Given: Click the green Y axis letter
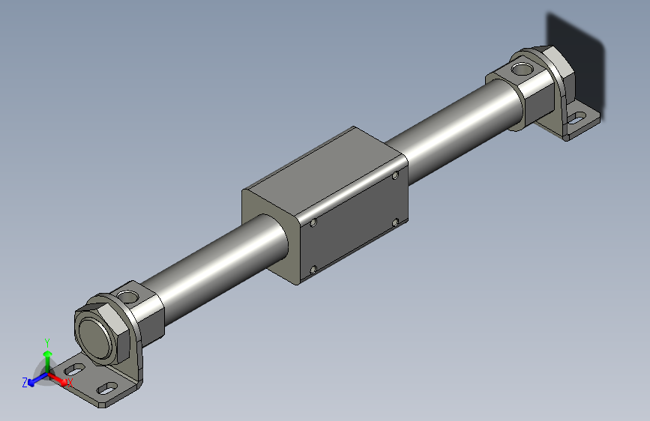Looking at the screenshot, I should tap(47, 341).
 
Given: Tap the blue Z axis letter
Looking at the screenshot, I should tap(25, 382).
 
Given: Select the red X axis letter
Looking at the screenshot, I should tap(70, 382).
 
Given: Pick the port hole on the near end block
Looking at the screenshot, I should tap(131, 295).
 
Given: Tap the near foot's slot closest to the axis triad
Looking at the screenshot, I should tap(75, 369).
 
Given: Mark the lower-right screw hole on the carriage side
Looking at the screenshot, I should tap(396, 222).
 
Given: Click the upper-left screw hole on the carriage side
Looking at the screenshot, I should tap(313, 222).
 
